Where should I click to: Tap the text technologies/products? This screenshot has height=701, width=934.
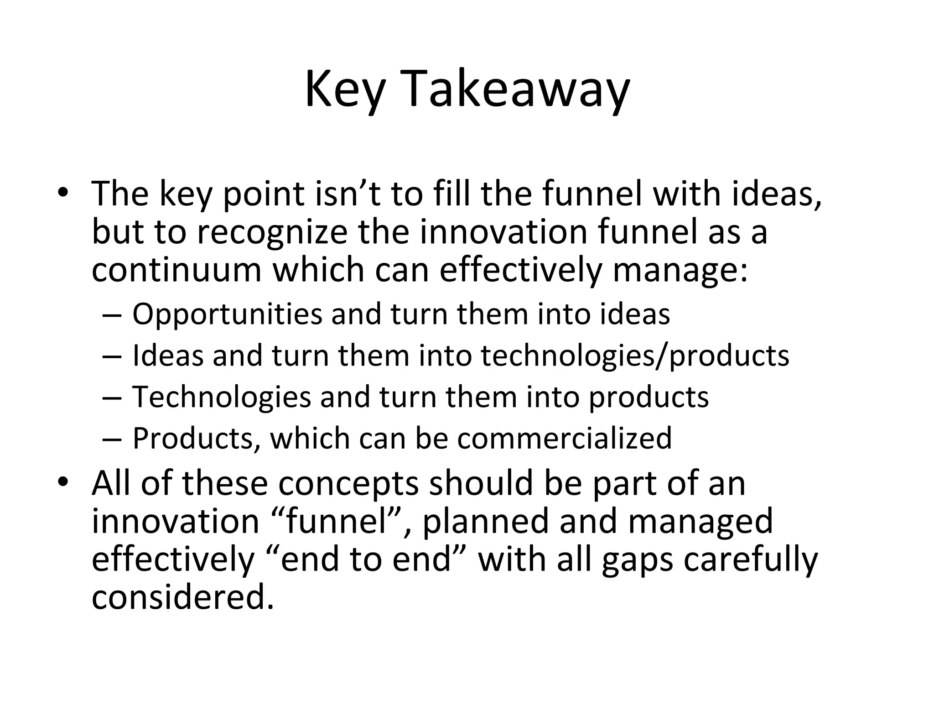pos(635,356)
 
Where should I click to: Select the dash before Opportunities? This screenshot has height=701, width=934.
pos(112,315)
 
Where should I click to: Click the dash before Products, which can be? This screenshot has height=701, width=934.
pos(112,439)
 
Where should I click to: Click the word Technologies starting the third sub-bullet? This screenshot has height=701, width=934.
pos(222,397)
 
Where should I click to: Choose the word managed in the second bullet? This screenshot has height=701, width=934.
pos(700,521)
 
